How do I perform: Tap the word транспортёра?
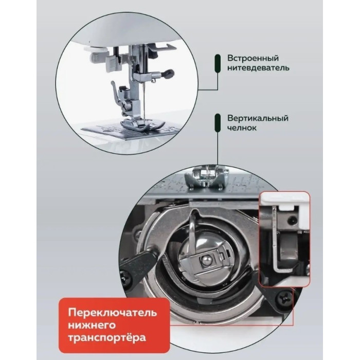tap(104, 338)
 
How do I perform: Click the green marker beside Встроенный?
tap(218, 62)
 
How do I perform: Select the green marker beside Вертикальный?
tap(218, 122)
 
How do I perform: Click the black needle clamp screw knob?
tap(167, 74)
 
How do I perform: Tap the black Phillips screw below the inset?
tap(283, 297)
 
